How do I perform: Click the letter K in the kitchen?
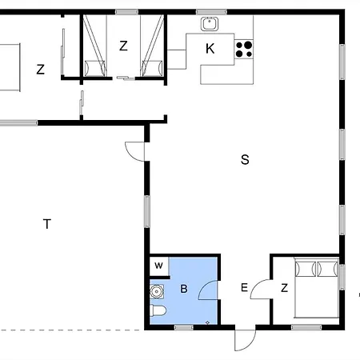pos(210,49)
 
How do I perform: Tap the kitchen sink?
pos(210,24)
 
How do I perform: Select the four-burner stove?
pos(243,49)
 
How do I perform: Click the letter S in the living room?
pos(245,160)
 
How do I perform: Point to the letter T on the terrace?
pos(47,224)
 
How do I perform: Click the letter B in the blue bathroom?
pos(183,289)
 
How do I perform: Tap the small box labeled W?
pos(158,266)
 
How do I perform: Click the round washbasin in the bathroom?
pos(157,292)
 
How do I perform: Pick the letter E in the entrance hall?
pos(245,289)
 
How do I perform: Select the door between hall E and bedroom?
pos(261,290)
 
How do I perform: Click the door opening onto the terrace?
pos(135,151)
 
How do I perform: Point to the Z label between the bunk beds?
pos(123,46)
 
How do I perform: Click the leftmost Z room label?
pos(40,70)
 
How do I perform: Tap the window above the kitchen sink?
pos(210,12)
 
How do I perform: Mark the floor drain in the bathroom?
pos(207,322)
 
